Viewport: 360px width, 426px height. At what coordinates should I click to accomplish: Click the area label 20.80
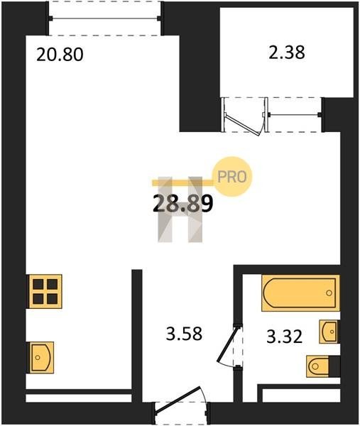[x=60, y=55]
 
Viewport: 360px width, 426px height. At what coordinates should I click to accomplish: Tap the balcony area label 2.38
[x=287, y=53]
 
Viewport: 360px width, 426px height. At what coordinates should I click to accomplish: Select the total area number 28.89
[x=182, y=204]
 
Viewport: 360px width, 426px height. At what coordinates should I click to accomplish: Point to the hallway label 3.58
[x=184, y=334]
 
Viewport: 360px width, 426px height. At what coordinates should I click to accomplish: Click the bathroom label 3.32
[x=284, y=337]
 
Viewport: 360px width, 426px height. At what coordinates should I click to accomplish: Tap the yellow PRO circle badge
[x=232, y=177]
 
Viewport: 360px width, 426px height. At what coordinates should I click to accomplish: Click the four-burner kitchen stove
[x=45, y=292]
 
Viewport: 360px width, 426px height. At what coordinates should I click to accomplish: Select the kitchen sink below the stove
[x=41, y=358]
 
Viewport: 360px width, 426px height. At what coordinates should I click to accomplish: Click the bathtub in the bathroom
[x=300, y=293]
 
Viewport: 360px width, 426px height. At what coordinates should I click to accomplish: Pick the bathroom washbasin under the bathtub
[x=329, y=332]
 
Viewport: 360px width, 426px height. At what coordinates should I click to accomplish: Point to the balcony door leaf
[x=242, y=124]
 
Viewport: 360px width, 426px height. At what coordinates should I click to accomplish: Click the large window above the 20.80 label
[x=104, y=18]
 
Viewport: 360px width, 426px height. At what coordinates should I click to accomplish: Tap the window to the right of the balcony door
[x=295, y=115]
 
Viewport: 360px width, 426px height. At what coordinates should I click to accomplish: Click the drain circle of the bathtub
[x=329, y=293]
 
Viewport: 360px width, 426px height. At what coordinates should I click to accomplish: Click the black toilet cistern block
[x=334, y=366]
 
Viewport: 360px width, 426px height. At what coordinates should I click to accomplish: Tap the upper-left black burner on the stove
[x=38, y=285]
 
